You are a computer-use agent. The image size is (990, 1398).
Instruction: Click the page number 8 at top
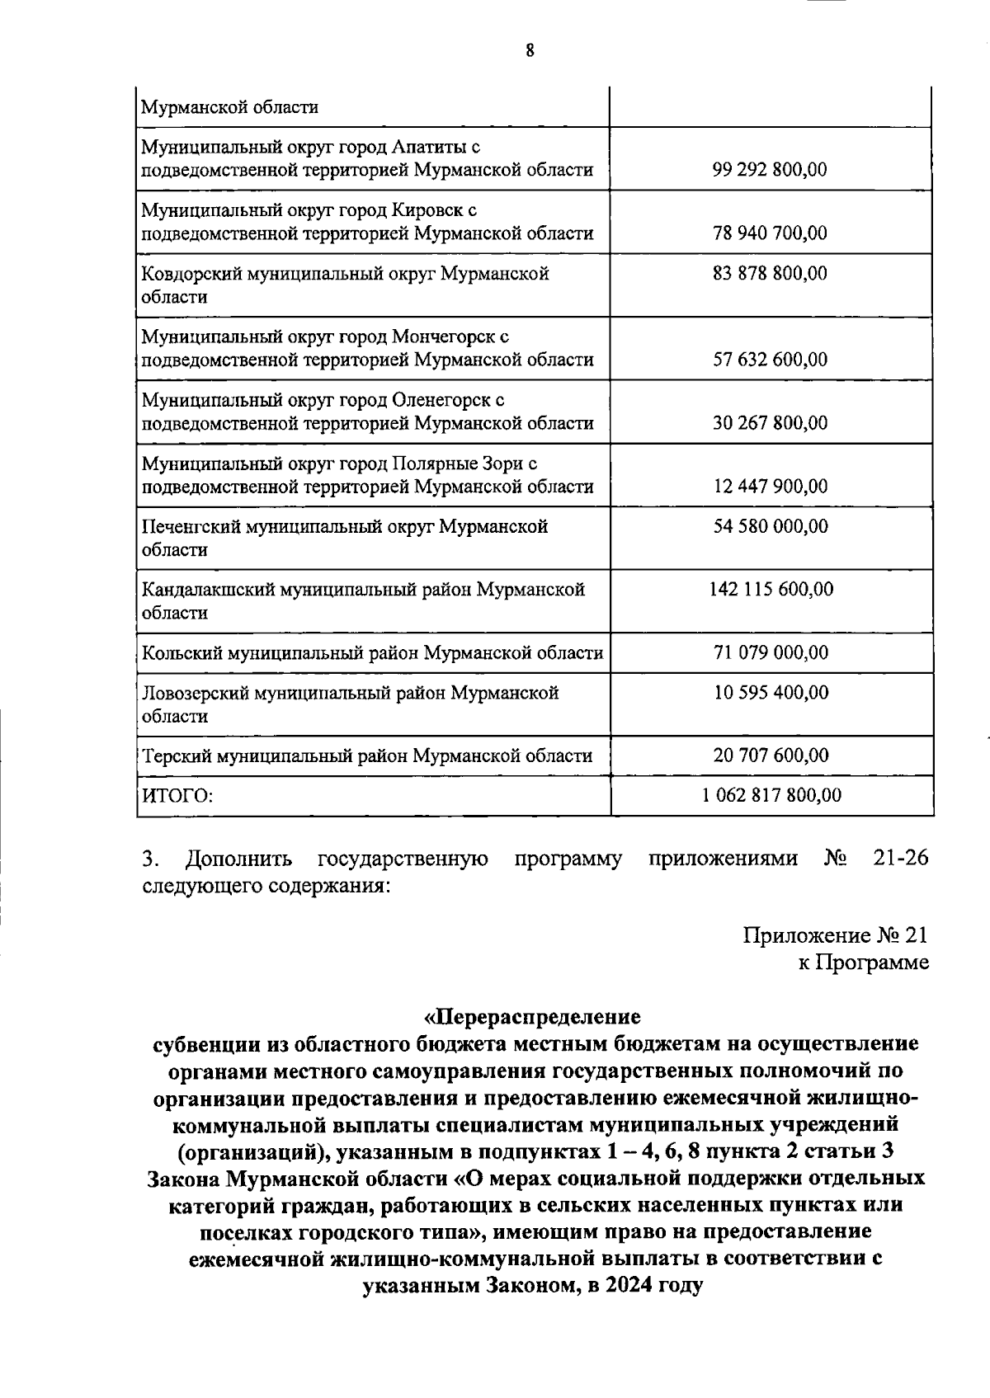(x=530, y=51)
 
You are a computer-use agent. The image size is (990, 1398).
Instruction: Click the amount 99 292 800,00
(x=770, y=170)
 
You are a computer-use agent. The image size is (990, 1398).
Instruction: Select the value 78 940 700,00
(x=770, y=233)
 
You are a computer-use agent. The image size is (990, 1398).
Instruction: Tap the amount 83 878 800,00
(x=770, y=273)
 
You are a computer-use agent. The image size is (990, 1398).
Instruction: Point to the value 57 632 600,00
(x=770, y=360)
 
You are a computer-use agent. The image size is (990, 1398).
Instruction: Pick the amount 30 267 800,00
(x=770, y=423)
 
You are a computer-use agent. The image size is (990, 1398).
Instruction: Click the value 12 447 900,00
(x=770, y=487)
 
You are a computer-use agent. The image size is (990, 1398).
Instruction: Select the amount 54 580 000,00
(x=770, y=526)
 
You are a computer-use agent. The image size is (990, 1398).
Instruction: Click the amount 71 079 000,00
(x=770, y=652)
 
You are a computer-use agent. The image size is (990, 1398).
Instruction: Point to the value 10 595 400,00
(x=770, y=693)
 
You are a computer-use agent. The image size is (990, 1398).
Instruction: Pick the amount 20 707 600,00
(x=770, y=755)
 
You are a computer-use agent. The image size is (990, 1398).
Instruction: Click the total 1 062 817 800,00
(x=771, y=796)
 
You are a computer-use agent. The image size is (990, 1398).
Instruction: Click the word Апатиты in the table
(x=431, y=147)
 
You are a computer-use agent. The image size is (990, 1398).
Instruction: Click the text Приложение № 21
(x=835, y=935)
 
